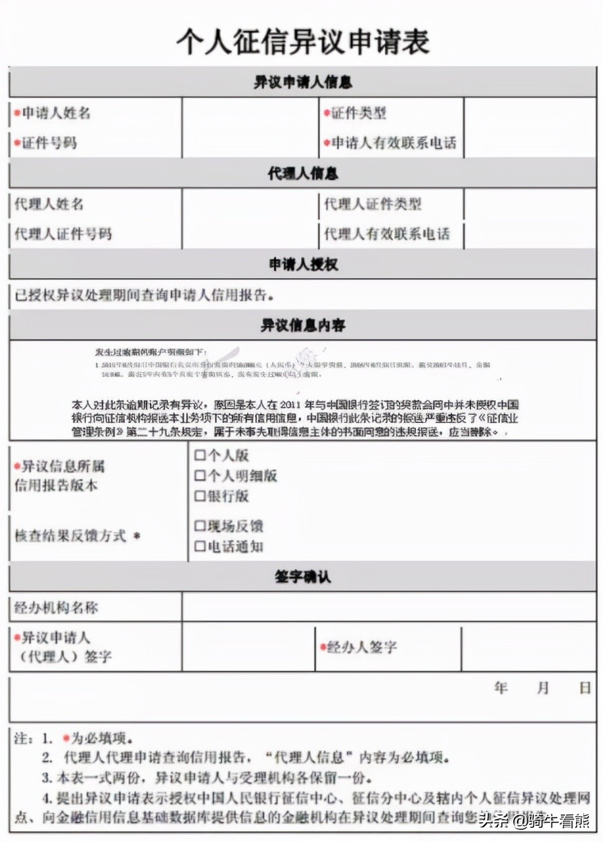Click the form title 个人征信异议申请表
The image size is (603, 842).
(x=302, y=42)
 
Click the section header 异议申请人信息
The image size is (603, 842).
(x=302, y=83)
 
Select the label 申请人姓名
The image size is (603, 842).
(x=56, y=113)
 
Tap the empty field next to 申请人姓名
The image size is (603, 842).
(x=250, y=113)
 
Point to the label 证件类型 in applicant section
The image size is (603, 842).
(x=358, y=113)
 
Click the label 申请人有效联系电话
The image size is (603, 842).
(x=394, y=143)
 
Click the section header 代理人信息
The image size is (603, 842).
(x=302, y=173)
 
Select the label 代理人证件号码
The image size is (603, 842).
(x=63, y=234)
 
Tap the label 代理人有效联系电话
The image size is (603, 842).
(x=387, y=234)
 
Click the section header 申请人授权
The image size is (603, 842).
(x=302, y=265)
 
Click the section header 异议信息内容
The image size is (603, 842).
(x=302, y=325)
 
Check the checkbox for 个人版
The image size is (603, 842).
(x=199, y=456)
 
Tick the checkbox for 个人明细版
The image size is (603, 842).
(x=199, y=476)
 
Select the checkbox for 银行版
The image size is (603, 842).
(x=199, y=496)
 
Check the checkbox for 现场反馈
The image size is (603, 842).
(x=199, y=526)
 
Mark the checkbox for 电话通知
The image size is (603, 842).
(x=199, y=546)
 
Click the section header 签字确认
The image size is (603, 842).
(x=302, y=577)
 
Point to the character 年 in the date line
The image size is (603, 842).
(x=501, y=688)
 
